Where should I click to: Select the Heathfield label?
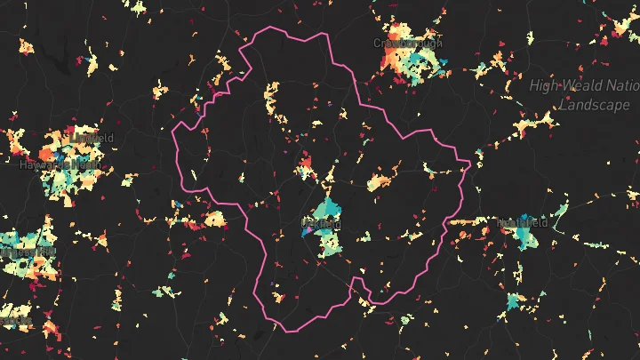point(519,222)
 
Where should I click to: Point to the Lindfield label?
point(92,138)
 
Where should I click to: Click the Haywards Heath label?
point(59,164)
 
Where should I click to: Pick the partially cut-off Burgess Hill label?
point(27,252)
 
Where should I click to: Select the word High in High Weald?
point(545,86)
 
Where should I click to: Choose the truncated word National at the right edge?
point(624,86)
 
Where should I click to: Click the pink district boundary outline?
point(267,31)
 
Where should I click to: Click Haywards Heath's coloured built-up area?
point(62,178)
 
